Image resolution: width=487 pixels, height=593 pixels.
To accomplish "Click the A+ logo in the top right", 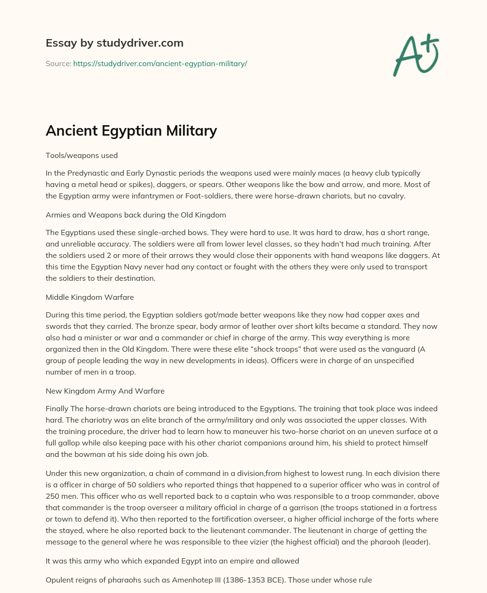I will click(x=416, y=55).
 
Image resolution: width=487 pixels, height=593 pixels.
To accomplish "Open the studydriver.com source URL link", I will click(x=160, y=63).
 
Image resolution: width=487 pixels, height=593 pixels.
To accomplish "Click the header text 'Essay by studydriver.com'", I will click(x=114, y=43).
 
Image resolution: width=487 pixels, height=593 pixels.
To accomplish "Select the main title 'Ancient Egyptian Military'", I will click(x=131, y=130).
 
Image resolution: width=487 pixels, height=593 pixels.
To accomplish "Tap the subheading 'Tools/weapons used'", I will click(x=81, y=155).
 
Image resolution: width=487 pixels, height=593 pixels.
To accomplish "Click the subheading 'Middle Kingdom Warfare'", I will click(x=89, y=297).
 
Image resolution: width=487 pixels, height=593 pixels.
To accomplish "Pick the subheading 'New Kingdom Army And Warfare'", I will click(x=105, y=391).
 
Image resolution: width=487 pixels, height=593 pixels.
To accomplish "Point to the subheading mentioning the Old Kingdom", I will click(x=136, y=215).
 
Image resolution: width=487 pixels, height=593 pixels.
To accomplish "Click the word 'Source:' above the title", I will click(x=58, y=63).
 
